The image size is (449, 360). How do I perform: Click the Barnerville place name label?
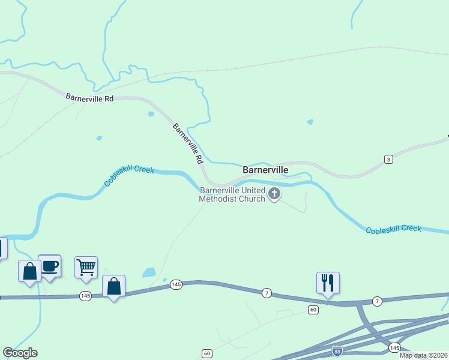(x=265, y=170)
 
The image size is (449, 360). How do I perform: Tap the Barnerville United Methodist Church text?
(x=232, y=195)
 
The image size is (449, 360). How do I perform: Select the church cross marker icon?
(x=275, y=193)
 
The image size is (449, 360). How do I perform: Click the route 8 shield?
(x=389, y=159)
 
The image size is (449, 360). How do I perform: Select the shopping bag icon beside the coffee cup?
(x=29, y=272)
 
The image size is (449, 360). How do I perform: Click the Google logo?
(x=20, y=353)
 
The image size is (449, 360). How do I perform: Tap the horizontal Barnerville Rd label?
(x=89, y=97)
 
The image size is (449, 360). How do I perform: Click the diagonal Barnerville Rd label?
(x=187, y=144)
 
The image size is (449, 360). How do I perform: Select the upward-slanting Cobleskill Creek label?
(x=128, y=176)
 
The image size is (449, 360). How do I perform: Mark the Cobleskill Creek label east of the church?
(x=393, y=229)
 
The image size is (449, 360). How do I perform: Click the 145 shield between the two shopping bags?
(x=85, y=296)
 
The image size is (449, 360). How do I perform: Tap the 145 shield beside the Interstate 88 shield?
(x=394, y=348)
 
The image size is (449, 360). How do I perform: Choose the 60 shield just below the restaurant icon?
(x=313, y=310)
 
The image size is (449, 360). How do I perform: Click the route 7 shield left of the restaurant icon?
(x=267, y=292)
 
